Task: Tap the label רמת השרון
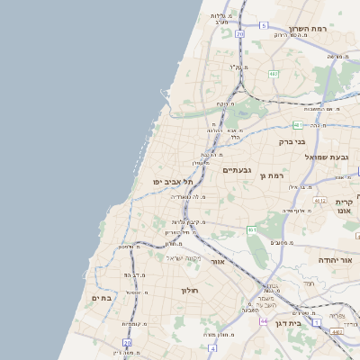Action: coord(310,29)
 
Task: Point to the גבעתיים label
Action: coord(236,169)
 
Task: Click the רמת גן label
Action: coord(271,175)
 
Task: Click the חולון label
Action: coord(189,291)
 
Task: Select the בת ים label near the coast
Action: coord(100,297)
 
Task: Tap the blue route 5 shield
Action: coord(264,25)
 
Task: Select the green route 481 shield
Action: coord(297,126)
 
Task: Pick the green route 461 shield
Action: coord(253,230)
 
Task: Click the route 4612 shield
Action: coord(319,201)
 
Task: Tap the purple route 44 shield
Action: coord(264,320)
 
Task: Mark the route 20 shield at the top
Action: coord(240,33)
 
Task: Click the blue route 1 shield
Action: coord(316,321)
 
